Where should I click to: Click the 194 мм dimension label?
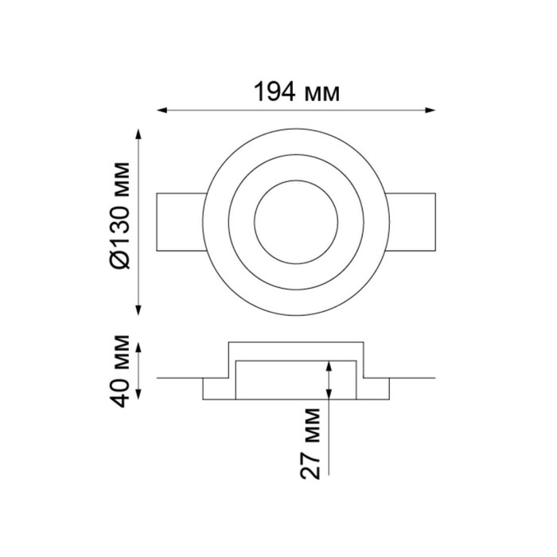pos(296,92)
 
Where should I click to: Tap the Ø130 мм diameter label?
pos(119,216)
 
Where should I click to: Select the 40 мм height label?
pos(119,371)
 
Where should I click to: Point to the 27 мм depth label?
pos(310,443)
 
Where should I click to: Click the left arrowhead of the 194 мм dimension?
pos(162,111)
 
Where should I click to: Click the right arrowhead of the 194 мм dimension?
pos(430,111)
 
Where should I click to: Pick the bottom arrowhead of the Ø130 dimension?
pos(138,310)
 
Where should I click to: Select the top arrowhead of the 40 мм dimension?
pos(138,348)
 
